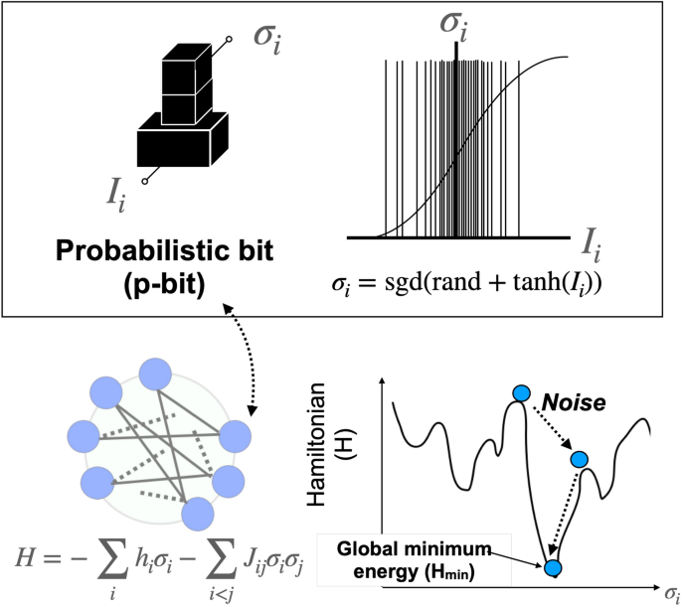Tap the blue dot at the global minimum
click(553, 568)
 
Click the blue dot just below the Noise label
click(581, 459)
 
